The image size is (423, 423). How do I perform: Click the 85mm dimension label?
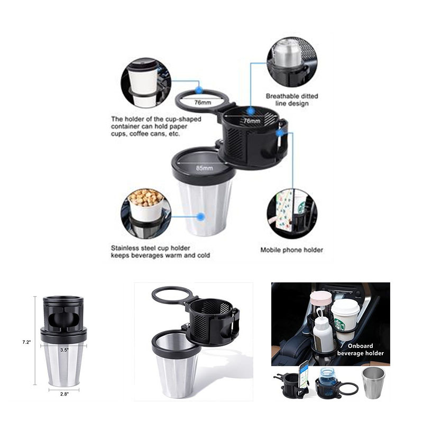click(204, 168)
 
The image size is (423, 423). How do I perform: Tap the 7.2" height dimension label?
click(26, 342)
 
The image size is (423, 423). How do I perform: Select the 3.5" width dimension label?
click(64, 350)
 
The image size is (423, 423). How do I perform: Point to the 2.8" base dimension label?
click(64, 394)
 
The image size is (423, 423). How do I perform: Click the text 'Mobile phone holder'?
click(292, 250)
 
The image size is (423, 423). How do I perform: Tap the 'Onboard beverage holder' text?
click(360, 350)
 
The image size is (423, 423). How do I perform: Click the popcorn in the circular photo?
click(146, 197)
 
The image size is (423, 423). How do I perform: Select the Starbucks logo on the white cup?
click(340, 325)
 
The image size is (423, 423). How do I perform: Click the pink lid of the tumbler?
click(321, 298)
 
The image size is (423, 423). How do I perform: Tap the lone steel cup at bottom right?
click(373, 382)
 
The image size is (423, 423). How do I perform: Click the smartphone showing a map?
click(305, 375)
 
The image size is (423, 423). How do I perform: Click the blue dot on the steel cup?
click(200, 216)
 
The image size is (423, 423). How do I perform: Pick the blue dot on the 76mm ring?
click(199, 90)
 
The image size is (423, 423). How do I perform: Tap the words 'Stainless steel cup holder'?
click(151, 248)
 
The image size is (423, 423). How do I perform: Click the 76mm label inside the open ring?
click(203, 103)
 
